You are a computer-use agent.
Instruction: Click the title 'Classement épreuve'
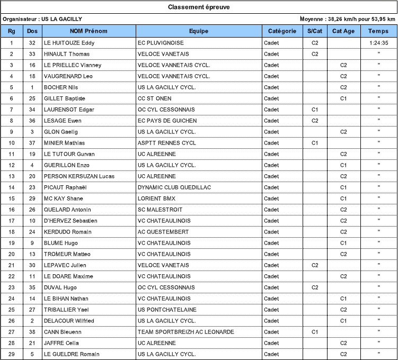(x=199, y=7)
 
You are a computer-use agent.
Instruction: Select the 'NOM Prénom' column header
(x=89, y=31)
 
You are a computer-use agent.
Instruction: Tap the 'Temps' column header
(x=378, y=31)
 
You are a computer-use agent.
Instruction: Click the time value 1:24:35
(x=378, y=43)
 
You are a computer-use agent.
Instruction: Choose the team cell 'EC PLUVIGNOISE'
(x=161, y=43)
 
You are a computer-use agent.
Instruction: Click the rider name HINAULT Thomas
(x=67, y=54)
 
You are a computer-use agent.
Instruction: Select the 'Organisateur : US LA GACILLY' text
(x=42, y=19)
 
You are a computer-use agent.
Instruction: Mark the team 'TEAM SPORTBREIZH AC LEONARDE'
(x=185, y=332)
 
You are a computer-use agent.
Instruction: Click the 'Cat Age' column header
(x=343, y=31)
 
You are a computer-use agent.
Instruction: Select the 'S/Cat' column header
(x=315, y=31)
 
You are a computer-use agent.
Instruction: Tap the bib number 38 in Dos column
(x=32, y=332)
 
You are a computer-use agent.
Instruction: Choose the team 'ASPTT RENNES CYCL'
(x=166, y=143)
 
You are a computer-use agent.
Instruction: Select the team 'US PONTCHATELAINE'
(x=167, y=310)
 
